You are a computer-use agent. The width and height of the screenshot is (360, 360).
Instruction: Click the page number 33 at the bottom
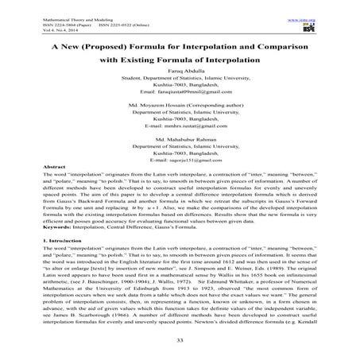tap(180, 340)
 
